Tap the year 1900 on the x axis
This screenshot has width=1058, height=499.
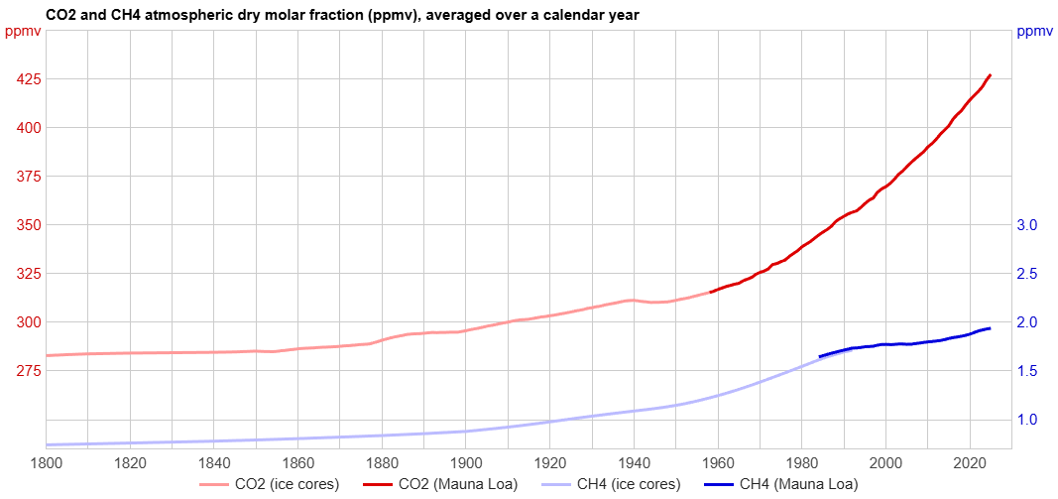pos(465,462)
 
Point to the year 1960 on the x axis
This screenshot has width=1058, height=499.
pos(717,462)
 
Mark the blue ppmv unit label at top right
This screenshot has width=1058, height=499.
pos(1034,32)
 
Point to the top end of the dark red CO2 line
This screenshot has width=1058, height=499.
pos(990,74)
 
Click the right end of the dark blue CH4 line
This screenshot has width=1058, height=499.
pos(990,327)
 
